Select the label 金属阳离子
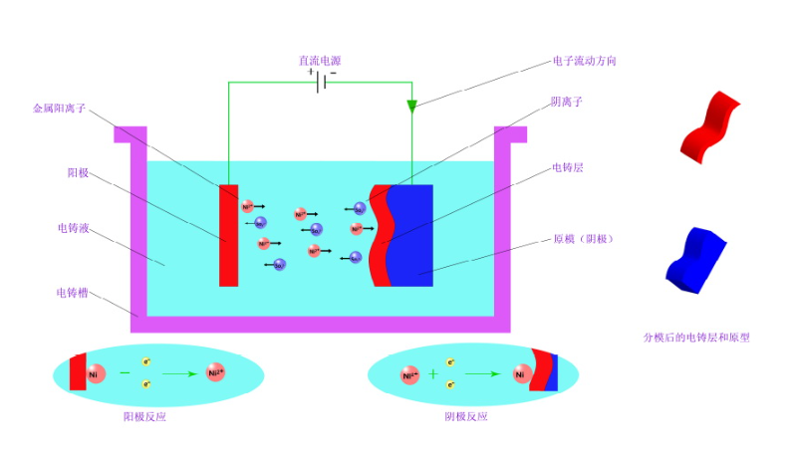click(60, 108)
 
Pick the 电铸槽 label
click(74, 293)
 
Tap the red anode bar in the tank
click(229, 234)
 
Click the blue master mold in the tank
click(411, 234)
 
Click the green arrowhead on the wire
click(411, 106)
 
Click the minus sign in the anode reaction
click(125, 373)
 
